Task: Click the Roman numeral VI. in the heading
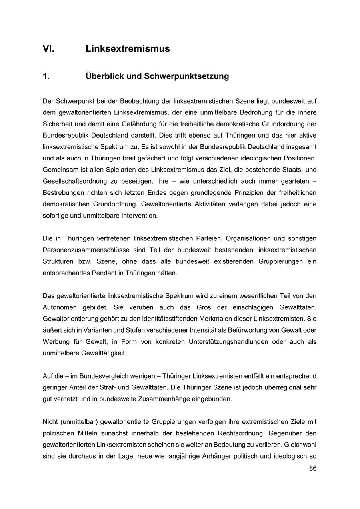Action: point(48,49)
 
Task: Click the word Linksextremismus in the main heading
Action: point(128,49)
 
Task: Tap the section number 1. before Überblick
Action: point(46,76)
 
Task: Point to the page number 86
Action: point(312,468)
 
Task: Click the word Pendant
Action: point(104,273)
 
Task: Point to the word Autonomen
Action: point(58,307)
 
